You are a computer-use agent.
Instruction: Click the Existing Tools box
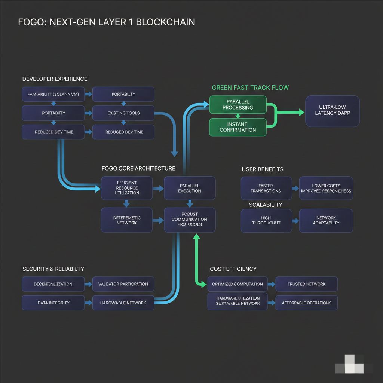pos(123,113)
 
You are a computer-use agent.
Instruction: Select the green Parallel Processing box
pos(238,105)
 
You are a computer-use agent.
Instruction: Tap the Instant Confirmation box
pos(238,127)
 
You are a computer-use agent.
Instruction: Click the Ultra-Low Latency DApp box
pos(332,111)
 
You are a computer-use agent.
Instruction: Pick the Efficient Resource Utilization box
pos(127,188)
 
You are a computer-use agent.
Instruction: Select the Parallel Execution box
pos(190,188)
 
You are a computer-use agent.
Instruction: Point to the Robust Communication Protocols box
pos(190,219)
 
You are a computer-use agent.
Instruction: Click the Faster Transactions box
pos(266,188)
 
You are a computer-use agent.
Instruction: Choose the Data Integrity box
pos(53,303)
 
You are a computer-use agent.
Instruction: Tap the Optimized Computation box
pos(238,284)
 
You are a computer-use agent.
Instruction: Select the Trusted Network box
pos(306,284)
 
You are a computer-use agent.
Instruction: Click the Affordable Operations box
pos(306,303)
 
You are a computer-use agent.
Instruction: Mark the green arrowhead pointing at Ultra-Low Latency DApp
pos(301,112)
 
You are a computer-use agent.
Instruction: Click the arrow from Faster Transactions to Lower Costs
pos(295,188)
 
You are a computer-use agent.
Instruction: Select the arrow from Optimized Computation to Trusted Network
pos(272,284)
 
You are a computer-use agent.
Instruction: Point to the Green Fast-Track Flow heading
pos(250,88)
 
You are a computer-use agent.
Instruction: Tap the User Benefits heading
pos(262,169)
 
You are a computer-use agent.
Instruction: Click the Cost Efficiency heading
pos(233,269)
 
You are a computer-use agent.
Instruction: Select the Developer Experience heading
pos(55,79)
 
